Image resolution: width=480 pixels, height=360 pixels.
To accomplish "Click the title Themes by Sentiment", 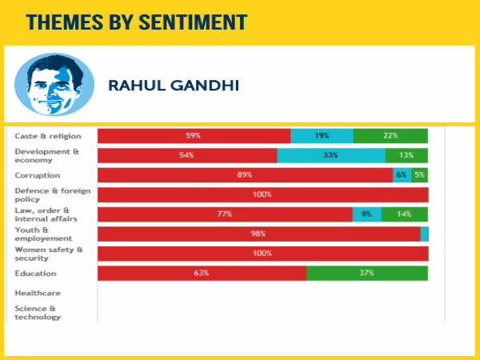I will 137,22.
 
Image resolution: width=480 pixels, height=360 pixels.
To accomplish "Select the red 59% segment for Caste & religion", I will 194,136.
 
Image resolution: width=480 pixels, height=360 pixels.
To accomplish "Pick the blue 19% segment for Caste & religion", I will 322,136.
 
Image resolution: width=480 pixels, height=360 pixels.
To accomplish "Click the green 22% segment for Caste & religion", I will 390,136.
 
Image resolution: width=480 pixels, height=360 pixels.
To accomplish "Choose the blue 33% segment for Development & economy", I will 330,155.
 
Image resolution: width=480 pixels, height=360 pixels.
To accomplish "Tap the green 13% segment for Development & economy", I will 406,155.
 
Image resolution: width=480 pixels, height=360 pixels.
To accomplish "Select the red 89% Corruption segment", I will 245,175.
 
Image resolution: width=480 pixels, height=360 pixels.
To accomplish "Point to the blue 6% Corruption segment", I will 402,175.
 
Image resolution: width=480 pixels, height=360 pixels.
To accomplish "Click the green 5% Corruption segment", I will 419,175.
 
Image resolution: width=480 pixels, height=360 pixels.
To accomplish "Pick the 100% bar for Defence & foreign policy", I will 262,194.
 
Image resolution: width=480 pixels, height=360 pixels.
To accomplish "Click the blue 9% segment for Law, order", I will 366,214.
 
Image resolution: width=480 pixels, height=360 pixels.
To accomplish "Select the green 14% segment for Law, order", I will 404,214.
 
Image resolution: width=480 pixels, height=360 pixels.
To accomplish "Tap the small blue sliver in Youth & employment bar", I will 425,234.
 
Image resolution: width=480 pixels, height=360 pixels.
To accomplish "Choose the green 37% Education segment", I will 367,273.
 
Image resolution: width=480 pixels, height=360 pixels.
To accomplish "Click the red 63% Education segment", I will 202,273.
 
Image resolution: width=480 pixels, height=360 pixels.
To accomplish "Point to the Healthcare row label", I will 38,293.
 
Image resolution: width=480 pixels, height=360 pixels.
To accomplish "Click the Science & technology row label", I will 38,312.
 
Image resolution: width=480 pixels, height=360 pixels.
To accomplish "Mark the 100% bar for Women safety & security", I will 262,254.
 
